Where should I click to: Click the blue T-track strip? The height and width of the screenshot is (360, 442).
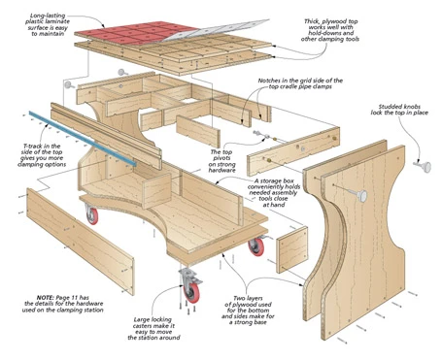pos(83,139)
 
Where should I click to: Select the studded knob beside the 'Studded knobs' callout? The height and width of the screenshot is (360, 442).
pos(423,166)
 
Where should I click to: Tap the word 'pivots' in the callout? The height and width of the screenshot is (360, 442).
pos(221,158)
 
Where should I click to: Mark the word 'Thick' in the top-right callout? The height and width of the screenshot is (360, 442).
pos(312,21)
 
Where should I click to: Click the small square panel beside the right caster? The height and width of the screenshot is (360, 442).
pos(292,249)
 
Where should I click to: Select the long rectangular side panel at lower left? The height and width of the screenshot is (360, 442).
pos(81,242)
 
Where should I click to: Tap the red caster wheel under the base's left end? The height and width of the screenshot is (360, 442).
pos(91,215)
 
